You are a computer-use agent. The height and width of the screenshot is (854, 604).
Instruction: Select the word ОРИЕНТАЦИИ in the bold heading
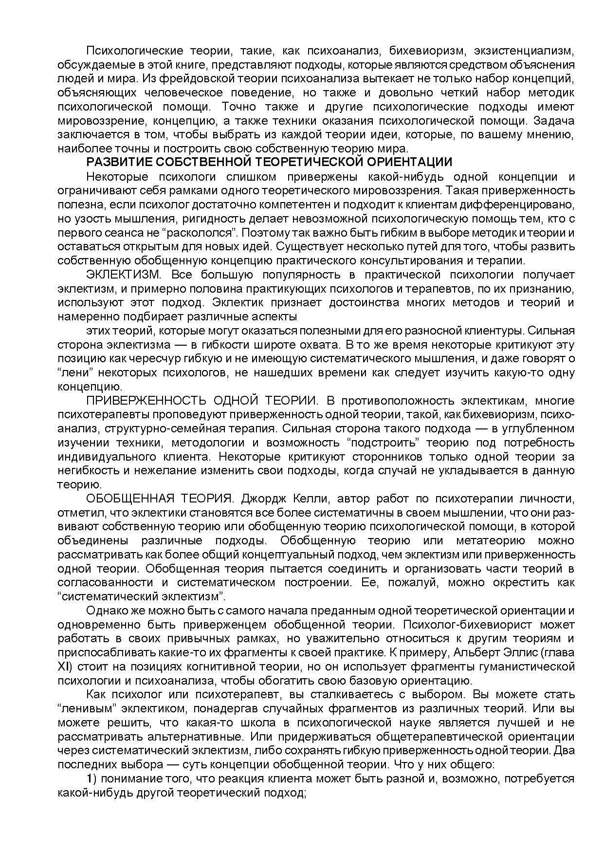[x=411, y=162]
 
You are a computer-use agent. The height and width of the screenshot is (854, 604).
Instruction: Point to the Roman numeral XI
[x=64, y=667]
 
